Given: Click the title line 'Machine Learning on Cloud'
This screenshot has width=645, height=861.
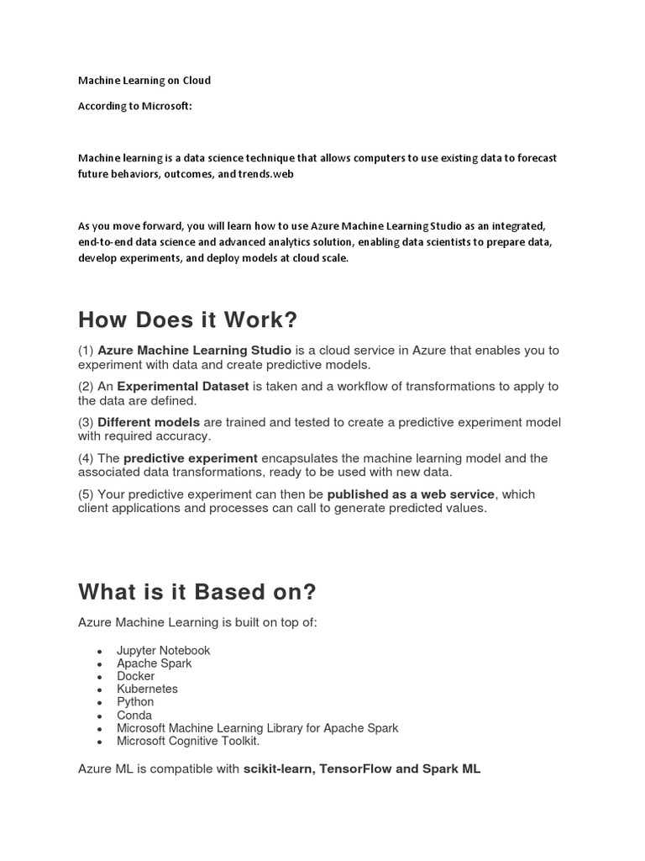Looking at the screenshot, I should coord(144,81).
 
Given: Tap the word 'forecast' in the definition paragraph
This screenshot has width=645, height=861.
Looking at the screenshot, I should coord(534,158).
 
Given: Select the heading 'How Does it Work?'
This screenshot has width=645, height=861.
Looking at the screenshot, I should coord(188,320).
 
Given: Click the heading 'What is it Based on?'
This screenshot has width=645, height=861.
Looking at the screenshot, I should coord(197,592).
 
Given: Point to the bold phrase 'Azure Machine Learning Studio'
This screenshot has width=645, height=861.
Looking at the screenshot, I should coord(195,350).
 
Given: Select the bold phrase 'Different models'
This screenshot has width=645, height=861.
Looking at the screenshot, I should coord(149,422).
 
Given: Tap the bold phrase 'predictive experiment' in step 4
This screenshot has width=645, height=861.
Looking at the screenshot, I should coord(191,458).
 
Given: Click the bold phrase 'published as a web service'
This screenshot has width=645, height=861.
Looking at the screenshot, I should coord(412,494).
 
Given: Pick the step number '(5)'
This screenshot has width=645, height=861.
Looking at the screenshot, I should coord(87,494).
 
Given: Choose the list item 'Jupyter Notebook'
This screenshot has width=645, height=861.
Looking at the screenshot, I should coord(164,651).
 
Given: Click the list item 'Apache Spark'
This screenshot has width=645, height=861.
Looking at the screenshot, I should coord(155,663).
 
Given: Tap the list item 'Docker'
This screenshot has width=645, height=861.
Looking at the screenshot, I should coord(136,676).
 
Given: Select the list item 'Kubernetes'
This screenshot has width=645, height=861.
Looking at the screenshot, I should coord(148,689).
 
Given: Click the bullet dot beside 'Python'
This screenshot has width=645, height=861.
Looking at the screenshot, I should coord(100,703).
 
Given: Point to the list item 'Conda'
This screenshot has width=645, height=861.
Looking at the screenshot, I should coord(134,716).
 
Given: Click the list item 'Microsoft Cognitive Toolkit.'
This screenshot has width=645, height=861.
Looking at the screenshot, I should coord(189,741).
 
